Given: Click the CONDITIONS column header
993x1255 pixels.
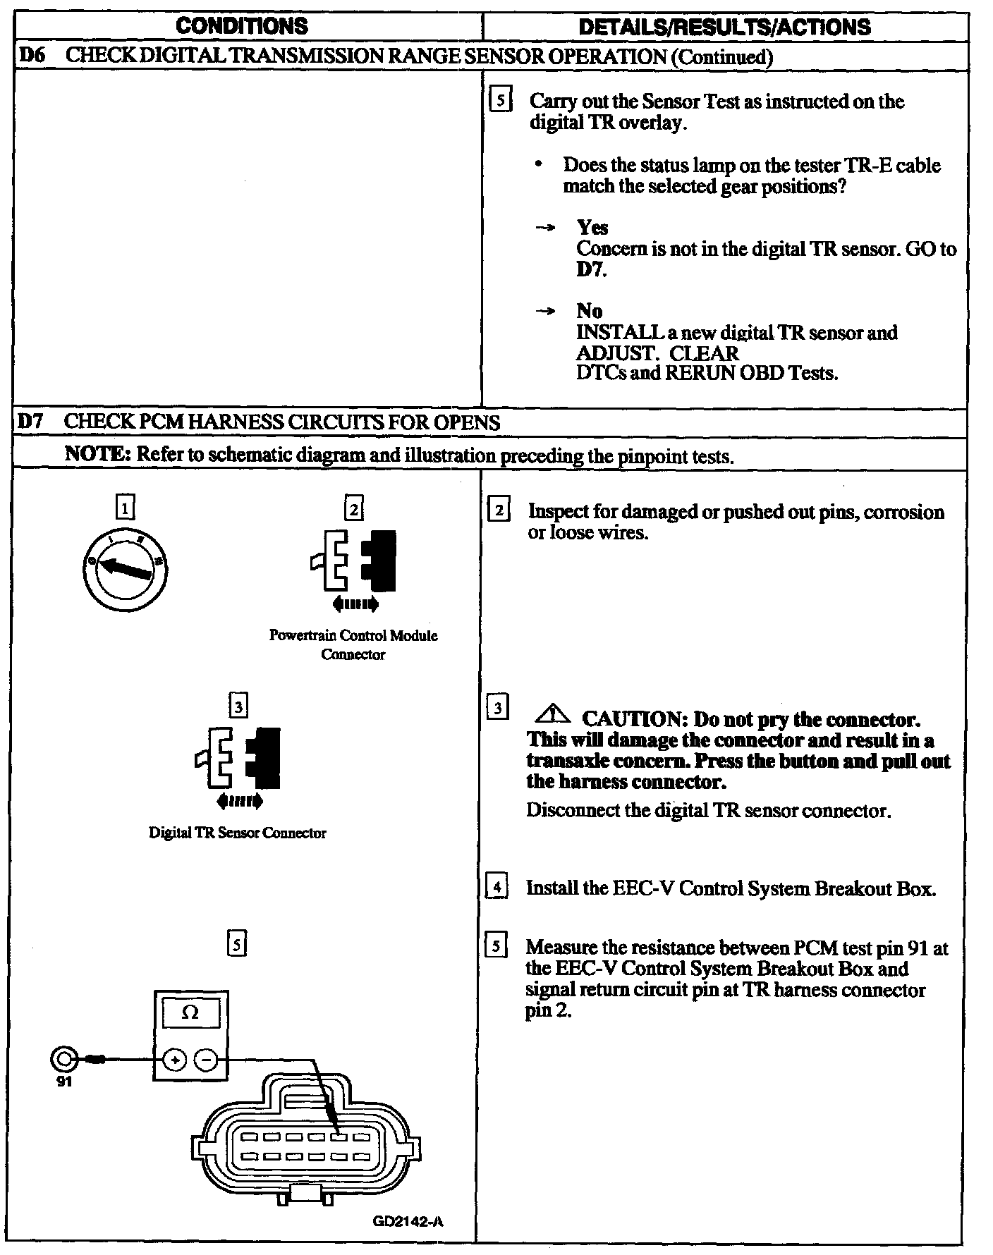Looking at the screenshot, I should (x=242, y=27).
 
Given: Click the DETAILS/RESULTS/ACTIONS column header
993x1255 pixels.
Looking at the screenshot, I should (x=724, y=27).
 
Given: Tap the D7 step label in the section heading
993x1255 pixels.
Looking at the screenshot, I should (x=30, y=422).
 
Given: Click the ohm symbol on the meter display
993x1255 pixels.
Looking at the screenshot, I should (x=190, y=1012).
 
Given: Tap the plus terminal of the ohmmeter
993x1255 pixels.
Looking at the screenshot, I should (x=175, y=1060).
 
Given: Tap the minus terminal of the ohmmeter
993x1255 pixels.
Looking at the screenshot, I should (x=206, y=1060).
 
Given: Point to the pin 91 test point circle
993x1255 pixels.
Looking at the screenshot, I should (x=63, y=1059).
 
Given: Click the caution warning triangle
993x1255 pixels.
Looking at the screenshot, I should (x=554, y=716).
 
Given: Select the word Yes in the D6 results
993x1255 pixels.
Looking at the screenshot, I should (x=592, y=227).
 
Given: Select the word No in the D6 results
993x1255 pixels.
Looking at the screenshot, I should (x=589, y=311).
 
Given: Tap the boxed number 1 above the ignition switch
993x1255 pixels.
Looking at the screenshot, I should (x=124, y=507).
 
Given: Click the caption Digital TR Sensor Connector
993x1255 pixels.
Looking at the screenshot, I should (x=238, y=833).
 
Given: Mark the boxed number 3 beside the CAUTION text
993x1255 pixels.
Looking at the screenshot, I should (x=498, y=707).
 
